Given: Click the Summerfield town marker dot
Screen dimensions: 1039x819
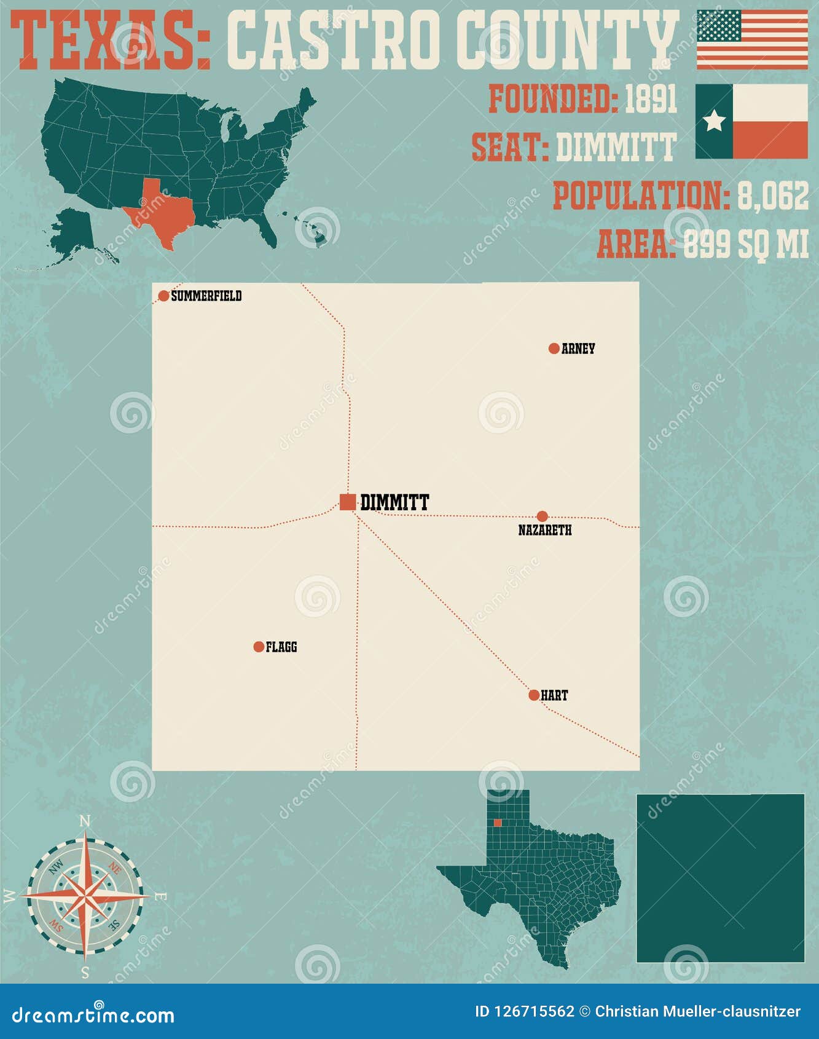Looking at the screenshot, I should [x=163, y=296].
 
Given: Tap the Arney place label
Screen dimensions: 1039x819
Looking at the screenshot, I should [x=578, y=349].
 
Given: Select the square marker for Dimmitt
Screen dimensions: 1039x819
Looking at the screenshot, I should [x=348, y=502].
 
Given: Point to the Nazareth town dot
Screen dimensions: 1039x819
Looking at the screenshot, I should [x=542, y=516].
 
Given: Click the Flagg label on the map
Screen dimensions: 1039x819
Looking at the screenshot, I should [x=281, y=647].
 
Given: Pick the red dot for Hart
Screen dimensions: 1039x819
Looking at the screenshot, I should [x=534, y=695].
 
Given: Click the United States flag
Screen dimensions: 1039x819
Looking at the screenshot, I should [x=752, y=39].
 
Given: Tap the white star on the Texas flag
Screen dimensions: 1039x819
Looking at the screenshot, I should [x=714, y=121].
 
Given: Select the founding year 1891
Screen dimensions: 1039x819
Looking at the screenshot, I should [x=651, y=99].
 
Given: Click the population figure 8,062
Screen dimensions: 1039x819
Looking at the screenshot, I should [x=773, y=196].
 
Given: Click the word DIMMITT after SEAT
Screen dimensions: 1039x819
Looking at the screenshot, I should [x=616, y=148].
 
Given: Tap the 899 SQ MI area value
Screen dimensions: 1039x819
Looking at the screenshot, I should [x=745, y=243].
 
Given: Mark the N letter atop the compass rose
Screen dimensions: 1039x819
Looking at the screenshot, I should [x=85, y=821].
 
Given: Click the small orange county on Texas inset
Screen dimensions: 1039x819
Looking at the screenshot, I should [x=498, y=823].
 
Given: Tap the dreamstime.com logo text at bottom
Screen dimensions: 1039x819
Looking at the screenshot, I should [x=93, y=1014].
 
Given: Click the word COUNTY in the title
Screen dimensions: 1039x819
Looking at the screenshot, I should [x=567, y=41].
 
